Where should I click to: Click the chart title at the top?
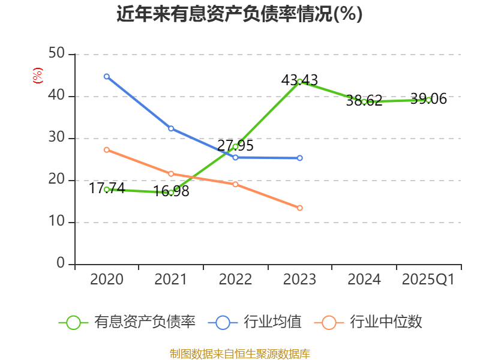click(x=239, y=14)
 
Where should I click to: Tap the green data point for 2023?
click(x=299, y=82)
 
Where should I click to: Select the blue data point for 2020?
click(x=107, y=76)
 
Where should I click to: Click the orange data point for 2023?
click(x=299, y=208)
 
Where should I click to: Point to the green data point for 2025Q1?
click(x=428, y=100)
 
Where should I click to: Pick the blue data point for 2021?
click(x=171, y=128)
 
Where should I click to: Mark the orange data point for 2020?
click(x=107, y=149)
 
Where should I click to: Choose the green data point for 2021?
click(x=171, y=193)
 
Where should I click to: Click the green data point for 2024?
click(x=364, y=102)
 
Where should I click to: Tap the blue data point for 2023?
click(x=299, y=158)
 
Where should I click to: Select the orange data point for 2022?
click(x=235, y=184)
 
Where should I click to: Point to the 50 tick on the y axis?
click(x=57, y=54)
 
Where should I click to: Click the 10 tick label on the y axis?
click(x=57, y=222)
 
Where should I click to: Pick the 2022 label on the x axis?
click(x=235, y=280)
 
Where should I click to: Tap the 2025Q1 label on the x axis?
click(x=428, y=280)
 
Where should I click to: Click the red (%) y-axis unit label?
click(x=37, y=76)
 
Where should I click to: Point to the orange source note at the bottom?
click(x=239, y=353)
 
